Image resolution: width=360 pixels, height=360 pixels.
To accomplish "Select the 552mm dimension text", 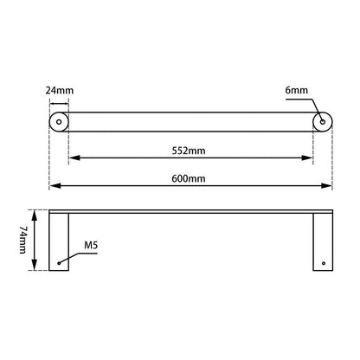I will click(x=191, y=150).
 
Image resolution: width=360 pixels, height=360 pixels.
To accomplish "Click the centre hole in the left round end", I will click(x=60, y=122).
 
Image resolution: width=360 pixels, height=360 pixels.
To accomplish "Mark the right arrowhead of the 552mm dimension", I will click(x=309, y=158).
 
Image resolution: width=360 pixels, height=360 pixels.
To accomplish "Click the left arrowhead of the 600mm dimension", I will click(x=53, y=185).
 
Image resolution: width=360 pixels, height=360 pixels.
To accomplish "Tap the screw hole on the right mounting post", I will click(x=324, y=262).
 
